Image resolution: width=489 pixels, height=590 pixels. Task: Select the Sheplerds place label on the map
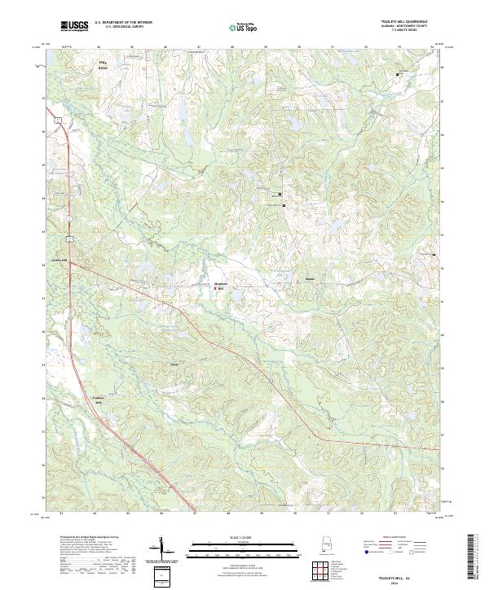(218, 285)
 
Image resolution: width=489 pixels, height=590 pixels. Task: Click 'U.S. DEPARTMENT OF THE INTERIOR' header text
(123, 22)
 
